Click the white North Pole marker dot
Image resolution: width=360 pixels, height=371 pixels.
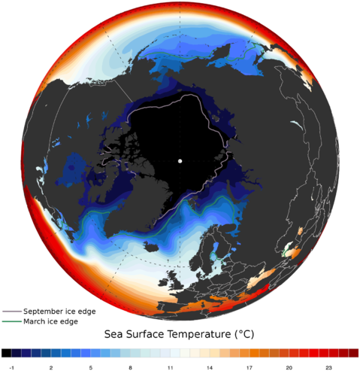click(x=180, y=162)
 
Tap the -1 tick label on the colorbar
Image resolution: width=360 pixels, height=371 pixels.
click(x=7, y=365)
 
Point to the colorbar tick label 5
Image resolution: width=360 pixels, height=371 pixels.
click(x=90, y=365)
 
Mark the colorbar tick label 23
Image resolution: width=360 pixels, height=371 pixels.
click(x=328, y=365)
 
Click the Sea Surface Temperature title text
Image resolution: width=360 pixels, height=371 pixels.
click(x=180, y=333)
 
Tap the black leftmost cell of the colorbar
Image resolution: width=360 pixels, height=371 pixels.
click(x=6, y=353)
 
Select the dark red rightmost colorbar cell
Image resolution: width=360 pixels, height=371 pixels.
click(x=353, y=353)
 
